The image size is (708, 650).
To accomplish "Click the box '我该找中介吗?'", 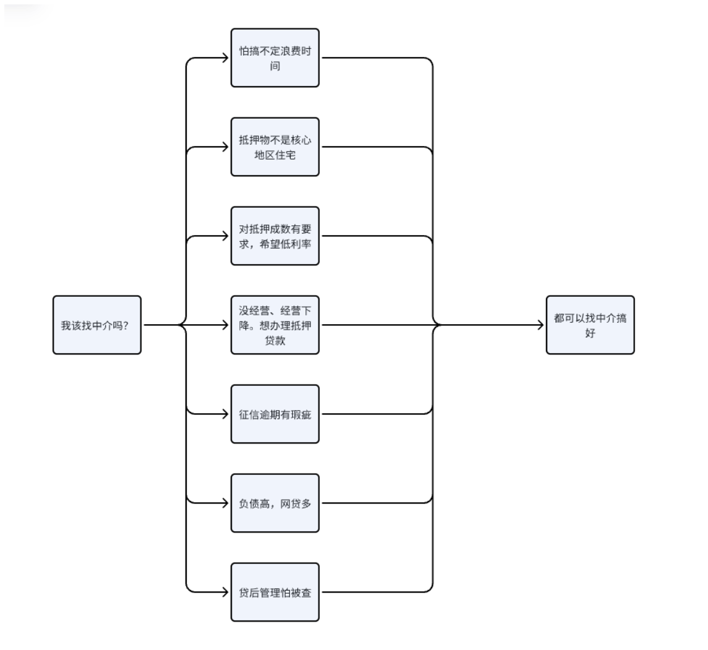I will click(96, 325).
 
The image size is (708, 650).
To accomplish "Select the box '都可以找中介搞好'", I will click(590, 325).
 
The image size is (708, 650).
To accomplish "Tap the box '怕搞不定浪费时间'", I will click(275, 58).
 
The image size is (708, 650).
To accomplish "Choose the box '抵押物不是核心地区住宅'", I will click(275, 147).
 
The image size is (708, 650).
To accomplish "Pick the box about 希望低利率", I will click(275, 236).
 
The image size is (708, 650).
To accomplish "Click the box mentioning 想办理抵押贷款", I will click(275, 325).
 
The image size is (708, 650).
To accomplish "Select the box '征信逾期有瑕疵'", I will click(275, 414).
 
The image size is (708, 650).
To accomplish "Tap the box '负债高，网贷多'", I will click(275, 503).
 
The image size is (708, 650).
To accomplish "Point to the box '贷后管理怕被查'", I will click(275, 592).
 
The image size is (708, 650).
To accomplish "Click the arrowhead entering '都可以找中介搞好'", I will click(540, 325).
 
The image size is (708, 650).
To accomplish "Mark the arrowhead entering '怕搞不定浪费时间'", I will click(224, 58).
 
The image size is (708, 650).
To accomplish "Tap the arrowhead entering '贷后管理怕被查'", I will click(224, 592).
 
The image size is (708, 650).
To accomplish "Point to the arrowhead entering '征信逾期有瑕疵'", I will click(224, 414).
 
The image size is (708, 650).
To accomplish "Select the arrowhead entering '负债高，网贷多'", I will click(224, 503).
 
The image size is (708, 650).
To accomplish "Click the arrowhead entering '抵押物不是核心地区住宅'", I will click(224, 147).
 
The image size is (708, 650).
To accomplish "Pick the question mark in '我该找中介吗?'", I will click(126, 325).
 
